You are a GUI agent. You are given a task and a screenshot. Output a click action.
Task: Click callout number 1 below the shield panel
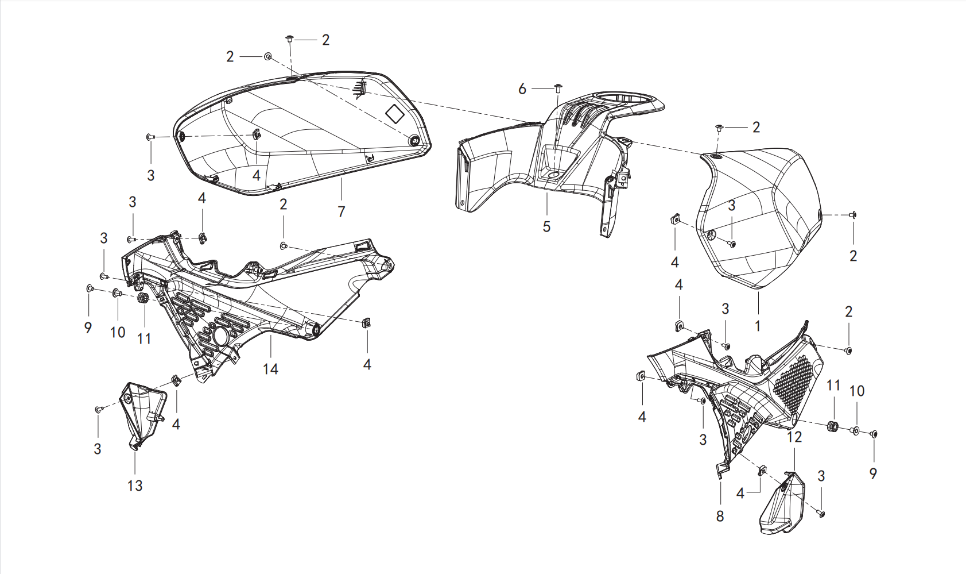(758, 326)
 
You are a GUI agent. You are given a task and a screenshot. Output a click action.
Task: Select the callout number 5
(546, 226)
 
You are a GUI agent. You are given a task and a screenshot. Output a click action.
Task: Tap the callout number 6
(522, 89)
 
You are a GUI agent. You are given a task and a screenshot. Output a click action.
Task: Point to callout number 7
(341, 211)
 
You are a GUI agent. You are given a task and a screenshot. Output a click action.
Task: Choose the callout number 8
(720, 516)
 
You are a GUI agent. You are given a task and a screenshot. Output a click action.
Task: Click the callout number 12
(794, 437)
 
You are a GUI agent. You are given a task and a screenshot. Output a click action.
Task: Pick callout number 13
(135, 486)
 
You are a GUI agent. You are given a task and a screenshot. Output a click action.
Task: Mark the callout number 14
(271, 369)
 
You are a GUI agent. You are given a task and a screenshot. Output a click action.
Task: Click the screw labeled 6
(557, 88)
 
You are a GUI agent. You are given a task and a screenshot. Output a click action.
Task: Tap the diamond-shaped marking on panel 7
(396, 114)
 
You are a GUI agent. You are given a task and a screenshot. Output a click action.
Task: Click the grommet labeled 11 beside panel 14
(143, 298)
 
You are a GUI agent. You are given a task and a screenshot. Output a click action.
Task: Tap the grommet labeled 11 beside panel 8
(833, 426)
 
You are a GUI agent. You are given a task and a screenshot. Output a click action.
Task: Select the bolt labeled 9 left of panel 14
(90, 288)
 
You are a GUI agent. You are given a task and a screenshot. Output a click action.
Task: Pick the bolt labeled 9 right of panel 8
(873, 434)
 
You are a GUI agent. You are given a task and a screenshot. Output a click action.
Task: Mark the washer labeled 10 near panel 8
(856, 430)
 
